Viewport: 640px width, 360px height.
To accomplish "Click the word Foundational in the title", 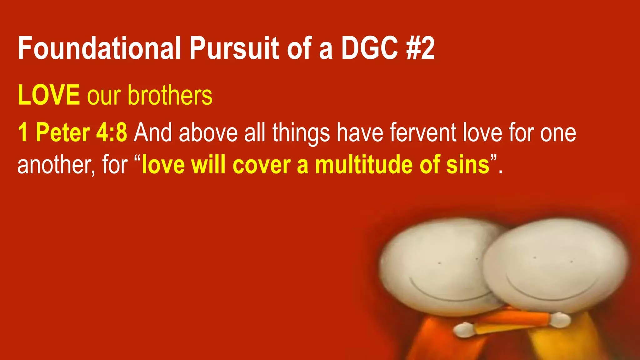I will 99,48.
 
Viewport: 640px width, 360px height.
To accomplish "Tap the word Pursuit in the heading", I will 234,48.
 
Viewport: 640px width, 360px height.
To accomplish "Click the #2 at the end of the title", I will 421,48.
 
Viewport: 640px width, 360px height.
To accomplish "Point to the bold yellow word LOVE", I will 49,95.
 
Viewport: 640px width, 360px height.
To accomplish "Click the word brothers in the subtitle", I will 170,95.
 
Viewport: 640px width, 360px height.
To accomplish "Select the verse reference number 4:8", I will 111,132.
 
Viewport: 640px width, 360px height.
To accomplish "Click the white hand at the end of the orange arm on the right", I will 559,319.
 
